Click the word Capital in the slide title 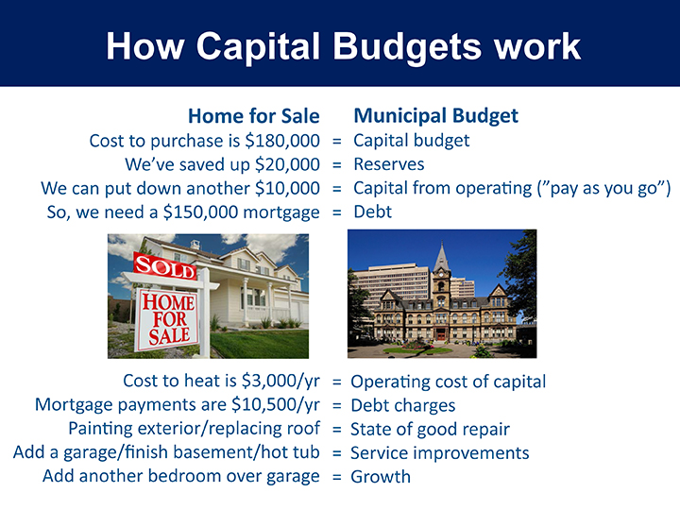pyautogui.click(x=258, y=47)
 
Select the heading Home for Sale pyautogui.click(x=254, y=116)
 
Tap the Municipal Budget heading pyautogui.click(x=435, y=116)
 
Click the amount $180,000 pyautogui.click(x=282, y=141)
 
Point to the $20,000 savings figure pyautogui.click(x=287, y=164)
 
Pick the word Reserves pyautogui.click(x=389, y=164)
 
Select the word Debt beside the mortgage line pyautogui.click(x=372, y=212)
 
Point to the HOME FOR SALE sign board pyautogui.click(x=168, y=319)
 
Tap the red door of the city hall pyautogui.click(x=441, y=334)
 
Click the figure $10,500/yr pyautogui.click(x=276, y=404)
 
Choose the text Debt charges pyautogui.click(x=403, y=405)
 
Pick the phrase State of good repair pyautogui.click(x=430, y=430)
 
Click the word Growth pyautogui.click(x=381, y=477)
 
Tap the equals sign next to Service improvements pyautogui.click(x=337, y=453)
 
